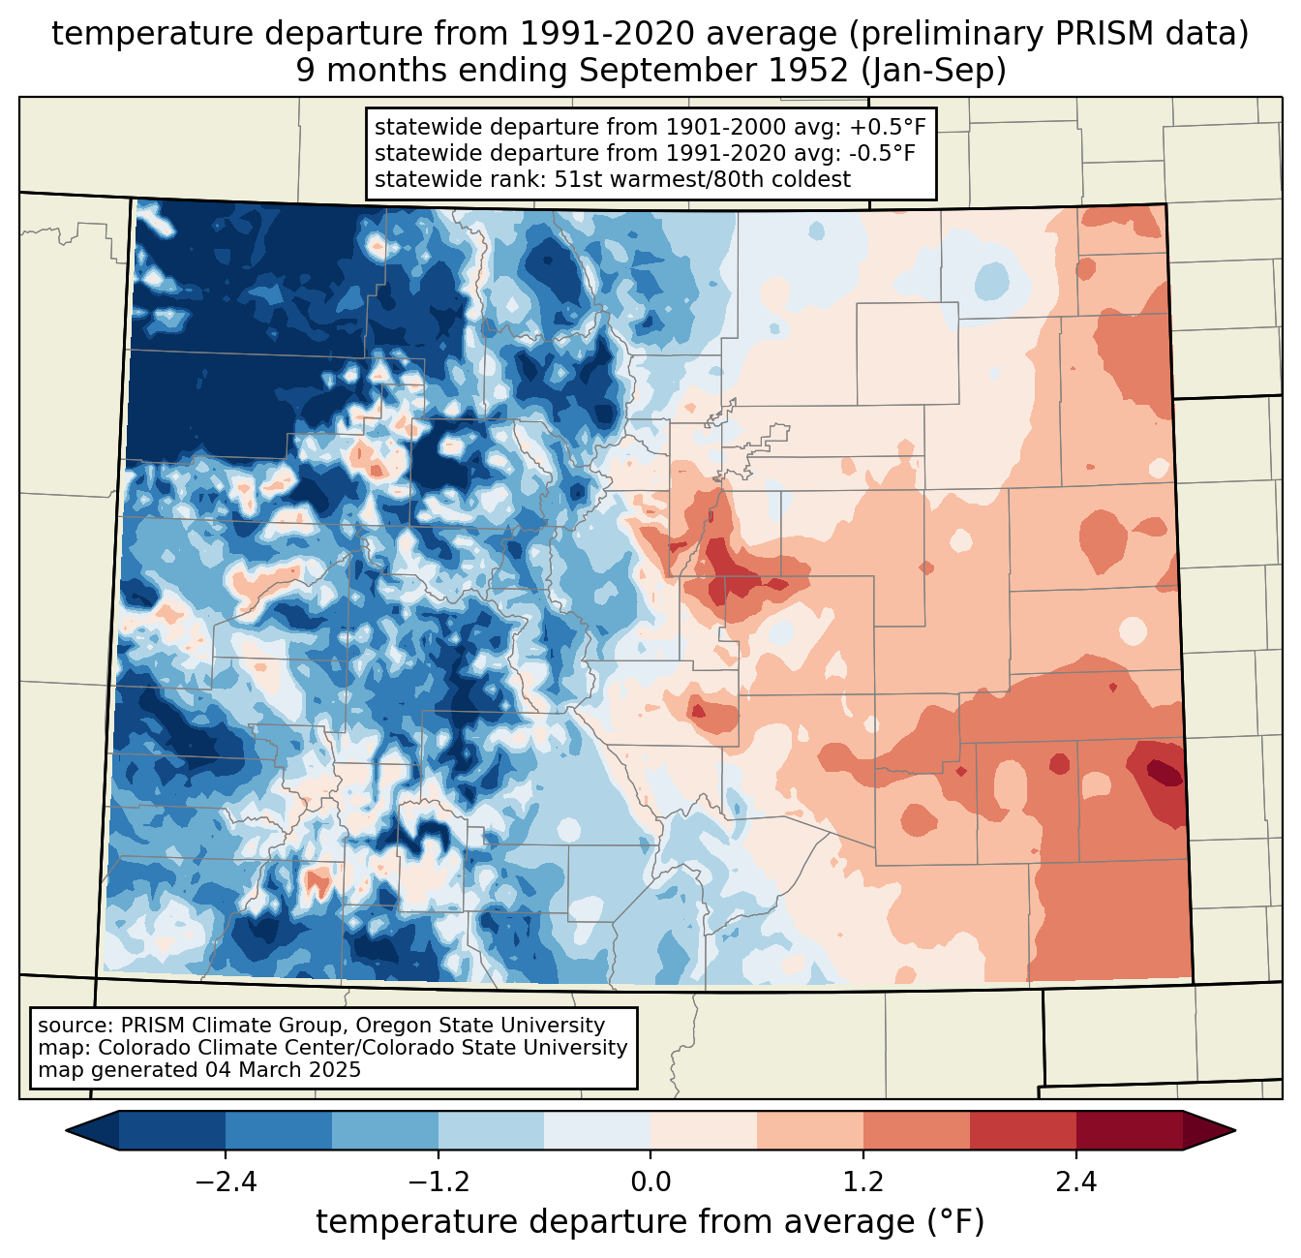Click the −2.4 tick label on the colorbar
pyautogui.click(x=225, y=1182)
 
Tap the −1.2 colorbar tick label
pyautogui.click(x=438, y=1182)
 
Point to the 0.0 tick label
pyautogui.click(x=650, y=1182)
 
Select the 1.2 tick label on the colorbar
pyautogui.click(x=863, y=1182)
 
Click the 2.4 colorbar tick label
pyautogui.click(x=1076, y=1182)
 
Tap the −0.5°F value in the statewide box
pyautogui.click(x=876, y=153)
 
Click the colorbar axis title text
pyautogui.click(x=650, y=1223)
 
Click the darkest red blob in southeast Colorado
pyautogui.click(x=1163, y=772)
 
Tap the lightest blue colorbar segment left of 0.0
pyautogui.click(x=597, y=1130)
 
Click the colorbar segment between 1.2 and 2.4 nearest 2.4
pyautogui.click(x=1023, y=1130)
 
